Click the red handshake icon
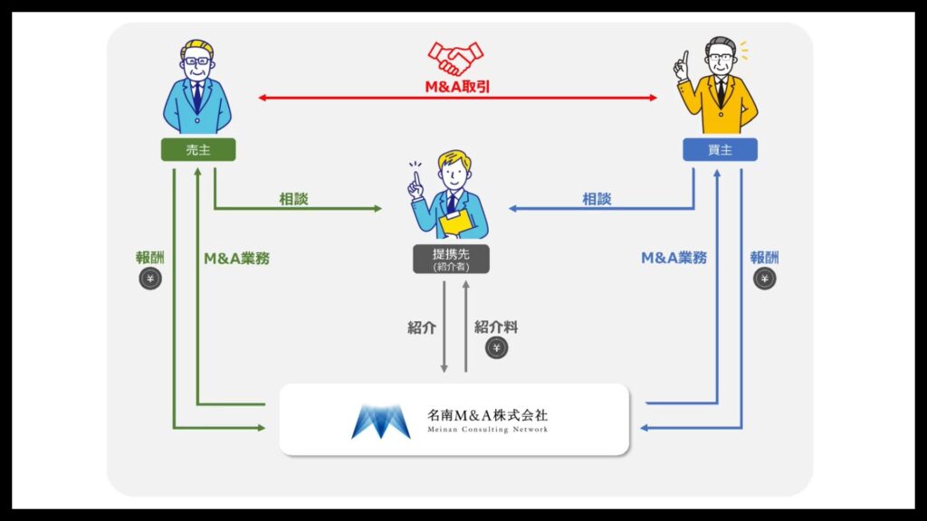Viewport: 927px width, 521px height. coord(456,59)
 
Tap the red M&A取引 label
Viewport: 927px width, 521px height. coord(457,88)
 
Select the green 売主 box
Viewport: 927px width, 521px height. coord(197,150)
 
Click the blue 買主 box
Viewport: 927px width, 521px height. coord(720,150)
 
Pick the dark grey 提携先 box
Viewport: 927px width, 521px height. coord(451,259)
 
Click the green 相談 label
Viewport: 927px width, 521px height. coord(293,199)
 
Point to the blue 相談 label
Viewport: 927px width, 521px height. coord(597,199)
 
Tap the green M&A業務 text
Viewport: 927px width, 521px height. coord(237,258)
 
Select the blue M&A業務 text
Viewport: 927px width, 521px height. coord(674,258)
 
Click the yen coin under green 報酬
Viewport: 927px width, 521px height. coord(150,279)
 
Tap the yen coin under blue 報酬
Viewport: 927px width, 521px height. coord(765,279)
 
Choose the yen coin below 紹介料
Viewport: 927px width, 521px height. coord(496,348)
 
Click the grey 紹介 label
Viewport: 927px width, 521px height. coord(422,327)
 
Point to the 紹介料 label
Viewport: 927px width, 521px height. coord(496,327)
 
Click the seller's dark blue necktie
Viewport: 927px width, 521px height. coord(196,93)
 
